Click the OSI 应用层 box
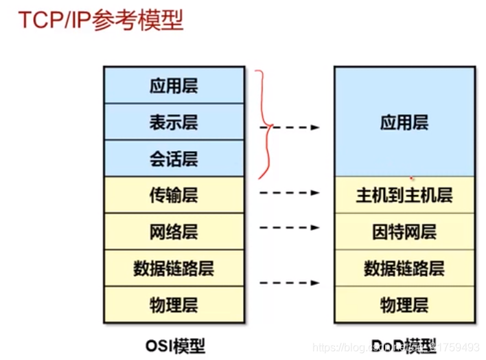(174, 85)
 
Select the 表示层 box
(174, 122)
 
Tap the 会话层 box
(174, 159)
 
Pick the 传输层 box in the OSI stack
(174, 195)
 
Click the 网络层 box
(174, 231)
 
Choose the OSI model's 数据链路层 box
(174, 268)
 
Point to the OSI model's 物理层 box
(174, 304)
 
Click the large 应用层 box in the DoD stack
(404, 122)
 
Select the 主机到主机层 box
(404, 195)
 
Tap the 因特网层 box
(404, 232)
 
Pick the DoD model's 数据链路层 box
(404, 268)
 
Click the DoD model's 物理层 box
(404, 304)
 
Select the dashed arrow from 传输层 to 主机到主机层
(290, 193)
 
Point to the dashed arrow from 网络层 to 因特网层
(290, 227)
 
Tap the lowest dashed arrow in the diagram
(290, 282)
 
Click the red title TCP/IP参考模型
(100, 21)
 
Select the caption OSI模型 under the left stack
(175, 344)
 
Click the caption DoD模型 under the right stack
(404, 344)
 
